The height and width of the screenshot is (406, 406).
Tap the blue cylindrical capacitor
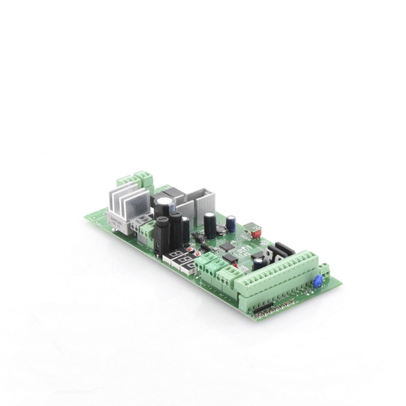[231, 221]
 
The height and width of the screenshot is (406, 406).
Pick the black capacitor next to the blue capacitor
[211, 223]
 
